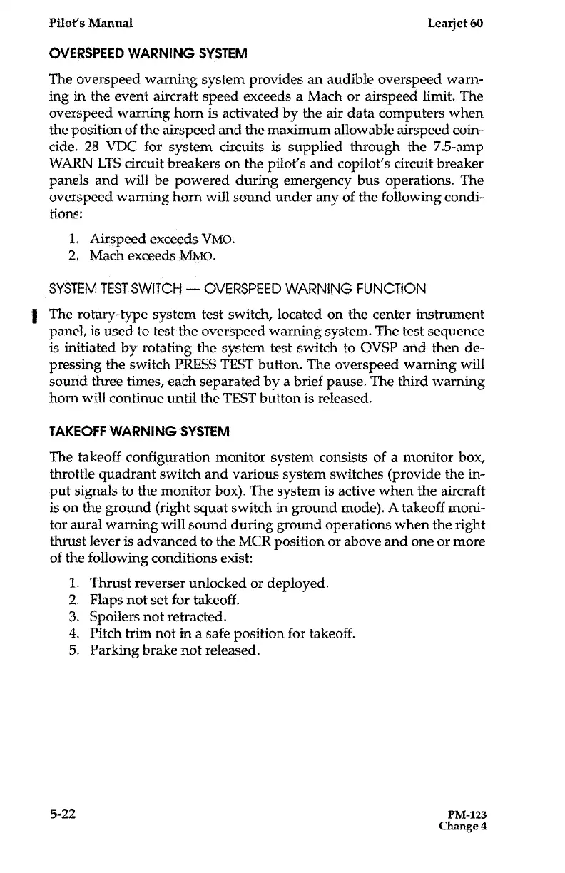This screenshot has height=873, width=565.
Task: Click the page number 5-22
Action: click(x=62, y=813)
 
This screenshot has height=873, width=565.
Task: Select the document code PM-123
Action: click(x=467, y=815)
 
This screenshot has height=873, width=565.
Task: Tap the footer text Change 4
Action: click(x=462, y=827)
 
